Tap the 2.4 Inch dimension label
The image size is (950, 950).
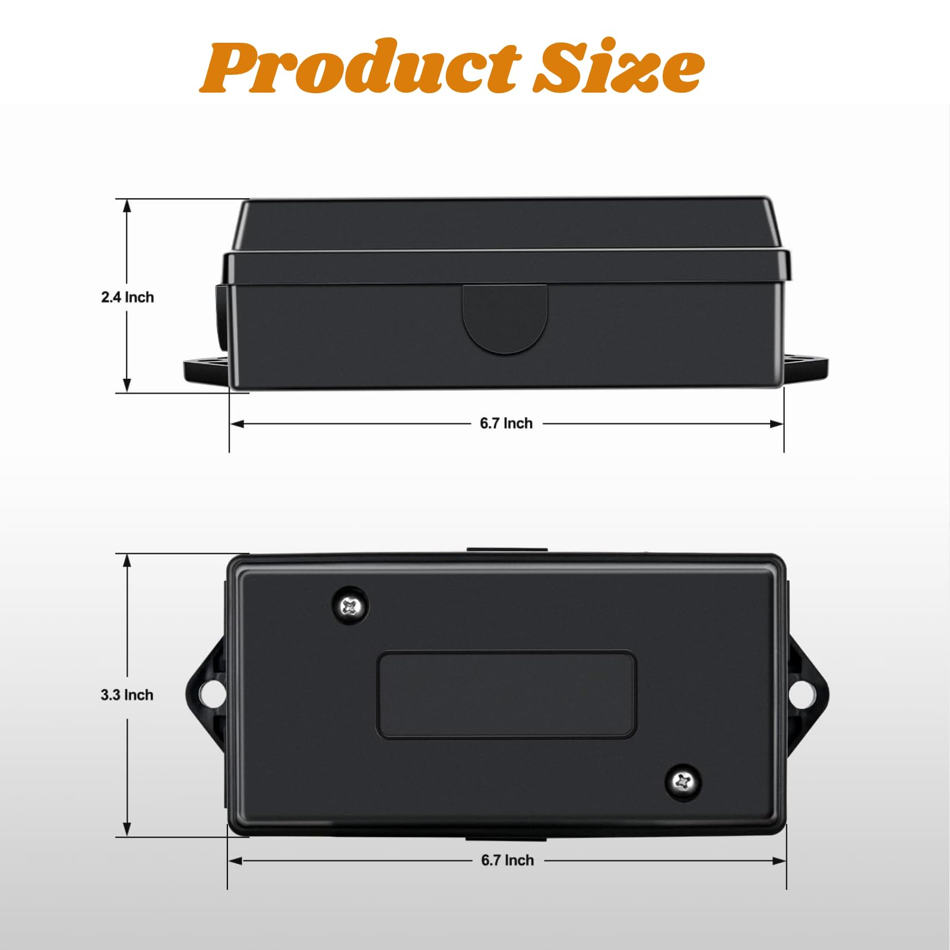(127, 297)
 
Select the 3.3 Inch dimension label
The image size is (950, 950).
(127, 695)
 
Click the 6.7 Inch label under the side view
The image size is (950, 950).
(506, 423)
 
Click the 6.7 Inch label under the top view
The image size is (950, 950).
(508, 860)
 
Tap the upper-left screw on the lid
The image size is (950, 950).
(350, 606)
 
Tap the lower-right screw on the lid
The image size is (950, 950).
(683, 782)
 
